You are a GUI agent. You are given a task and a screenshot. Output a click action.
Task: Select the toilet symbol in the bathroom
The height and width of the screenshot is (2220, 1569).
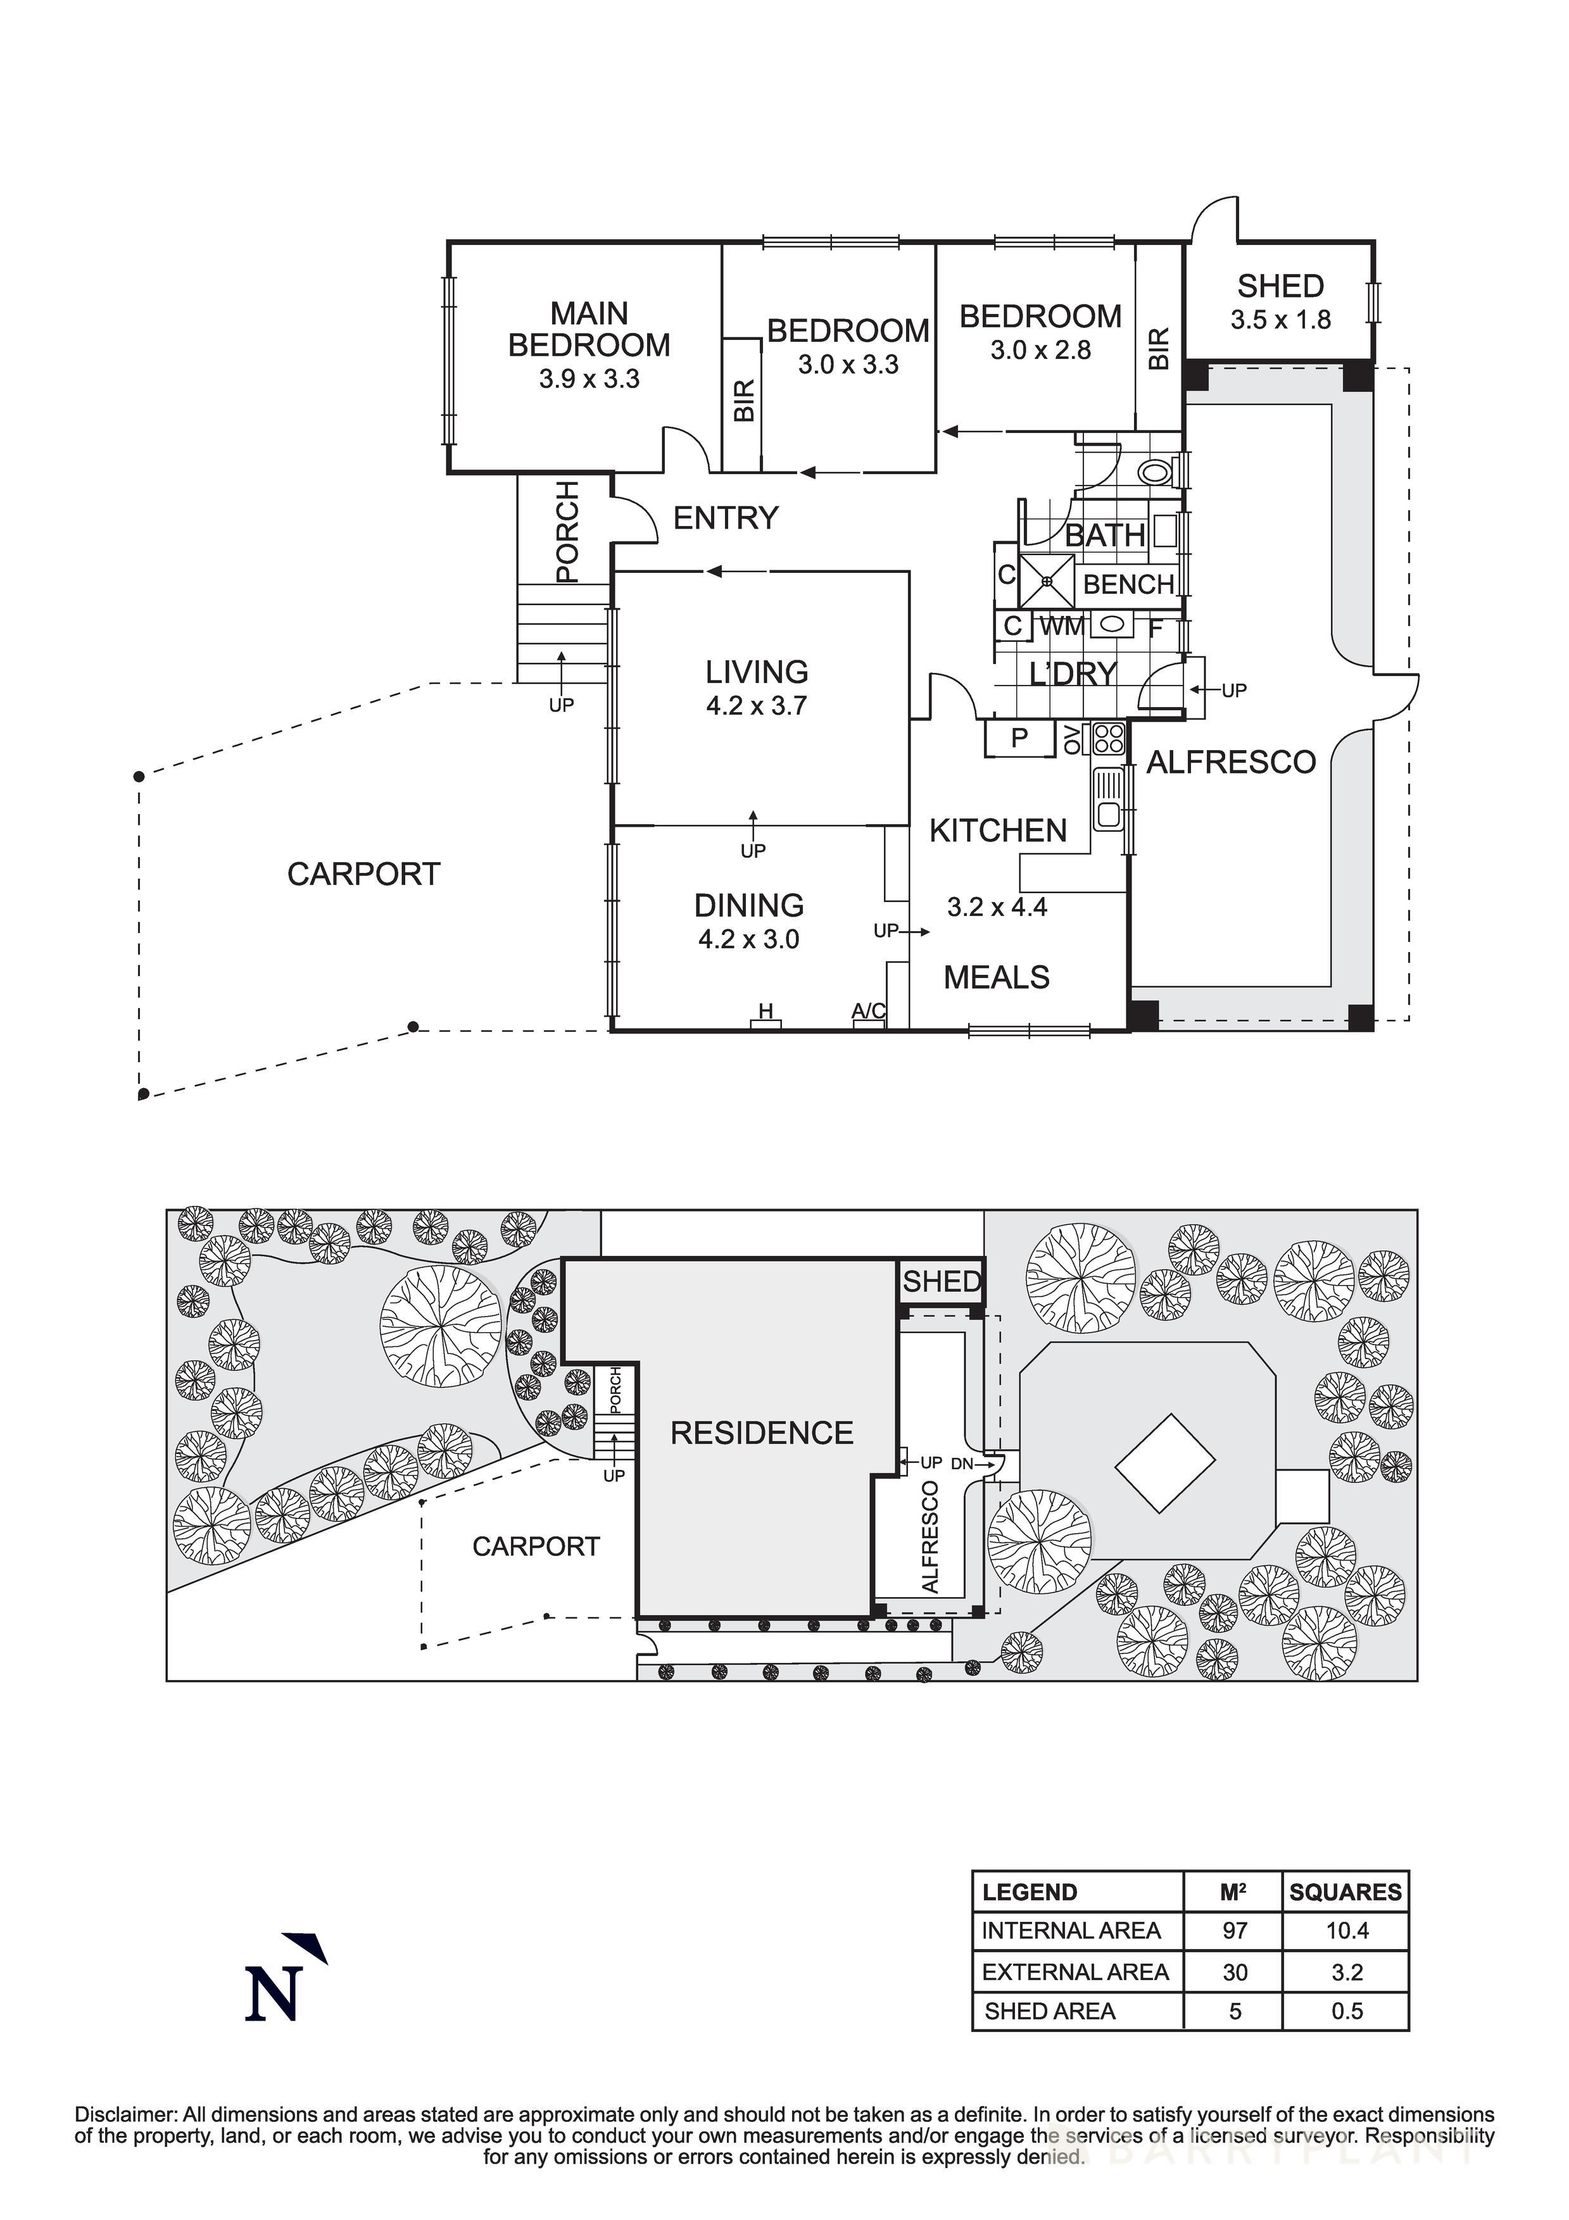point(1154,473)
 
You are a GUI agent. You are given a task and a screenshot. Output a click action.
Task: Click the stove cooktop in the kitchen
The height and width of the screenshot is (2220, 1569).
point(1109,739)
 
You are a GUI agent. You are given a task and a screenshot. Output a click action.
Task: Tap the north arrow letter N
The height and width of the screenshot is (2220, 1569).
point(274,1994)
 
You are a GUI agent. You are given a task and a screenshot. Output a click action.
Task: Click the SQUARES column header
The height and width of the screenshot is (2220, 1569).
point(1345,1892)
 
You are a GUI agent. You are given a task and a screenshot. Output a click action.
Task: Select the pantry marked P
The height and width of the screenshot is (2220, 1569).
point(1019,739)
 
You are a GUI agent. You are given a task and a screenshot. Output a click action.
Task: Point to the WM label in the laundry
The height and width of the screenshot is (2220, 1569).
point(1062,627)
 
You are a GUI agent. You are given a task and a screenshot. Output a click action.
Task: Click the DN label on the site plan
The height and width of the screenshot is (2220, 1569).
point(962,1464)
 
